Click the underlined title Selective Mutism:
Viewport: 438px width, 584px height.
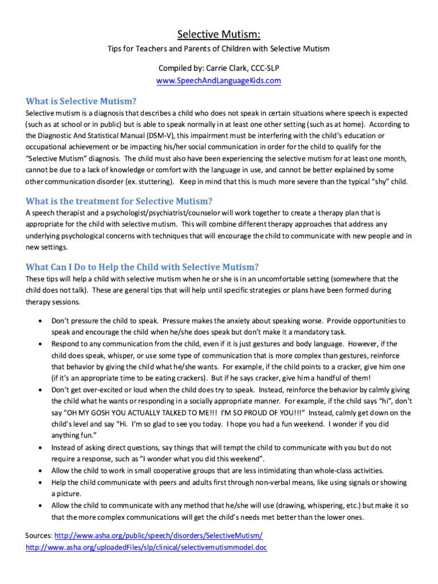(x=218, y=34)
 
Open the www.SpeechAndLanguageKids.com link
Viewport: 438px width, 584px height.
(x=218, y=80)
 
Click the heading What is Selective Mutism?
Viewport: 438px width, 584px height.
(x=81, y=101)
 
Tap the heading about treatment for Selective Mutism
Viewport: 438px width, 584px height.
(x=119, y=201)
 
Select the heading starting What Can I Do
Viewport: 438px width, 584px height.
(x=142, y=266)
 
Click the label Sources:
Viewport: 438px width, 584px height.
(x=39, y=536)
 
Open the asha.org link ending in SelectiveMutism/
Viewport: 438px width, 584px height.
(x=159, y=536)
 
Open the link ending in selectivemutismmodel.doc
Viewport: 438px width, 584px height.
(x=147, y=547)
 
